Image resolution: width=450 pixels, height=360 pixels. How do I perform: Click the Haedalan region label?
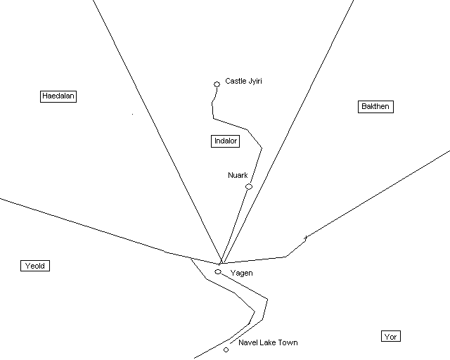click(x=58, y=96)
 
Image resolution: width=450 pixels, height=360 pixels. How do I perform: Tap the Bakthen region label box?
click(x=375, y=106)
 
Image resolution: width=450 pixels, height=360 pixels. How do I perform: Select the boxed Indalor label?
click(x=226, y=141)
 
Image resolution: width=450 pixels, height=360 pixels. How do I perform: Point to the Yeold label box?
click(x=35, y=266)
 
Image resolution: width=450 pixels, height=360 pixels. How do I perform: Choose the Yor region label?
click(x=391, y=337)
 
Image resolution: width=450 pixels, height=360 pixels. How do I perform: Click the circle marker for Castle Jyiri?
click(x=217, y=84)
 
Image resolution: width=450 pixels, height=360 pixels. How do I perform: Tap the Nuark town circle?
click(x=249, y=186)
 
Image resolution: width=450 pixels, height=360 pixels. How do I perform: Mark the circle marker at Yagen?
click(x=218, y=271)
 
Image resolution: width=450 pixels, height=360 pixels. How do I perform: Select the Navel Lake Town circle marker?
click(x=226, y=349)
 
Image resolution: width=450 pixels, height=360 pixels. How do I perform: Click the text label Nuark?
click(x=238, y=175)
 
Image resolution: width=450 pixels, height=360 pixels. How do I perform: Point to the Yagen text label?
click(x=241, y=273)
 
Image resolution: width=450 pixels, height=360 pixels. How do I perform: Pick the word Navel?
click(x=249, y=343)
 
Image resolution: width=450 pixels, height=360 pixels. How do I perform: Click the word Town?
click(x=288, y=343)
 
